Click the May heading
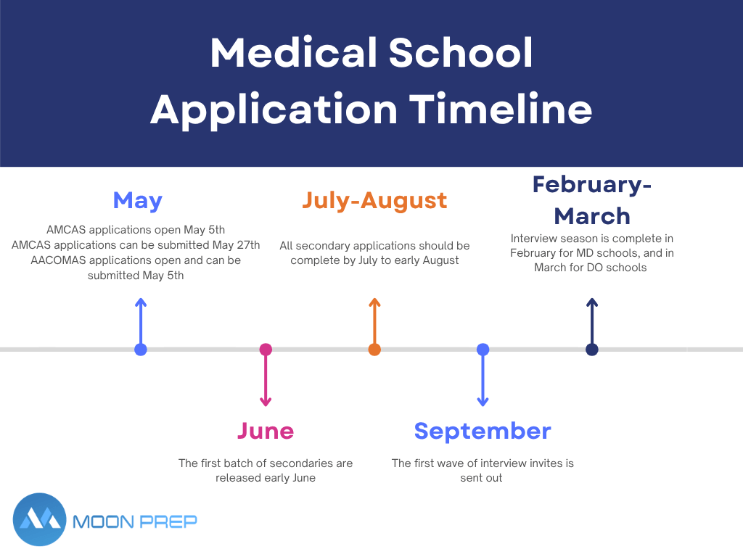click(137, 202)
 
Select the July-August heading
click(374, 201)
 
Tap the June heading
click(266, 431)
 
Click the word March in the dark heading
click(592, 216)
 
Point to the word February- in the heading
click(592, 185)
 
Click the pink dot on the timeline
click(266, 350)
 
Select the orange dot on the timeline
click(374, 350)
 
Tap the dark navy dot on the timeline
click(592, 350)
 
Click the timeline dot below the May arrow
click(141, 350)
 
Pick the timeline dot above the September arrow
click(483, 350)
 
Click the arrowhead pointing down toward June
click(266, 402)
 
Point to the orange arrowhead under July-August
click(374, 302)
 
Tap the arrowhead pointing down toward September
click(483, 402)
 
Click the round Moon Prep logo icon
click(39, 519)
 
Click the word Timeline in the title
click(501, 110)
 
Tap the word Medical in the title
click(294, 52)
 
